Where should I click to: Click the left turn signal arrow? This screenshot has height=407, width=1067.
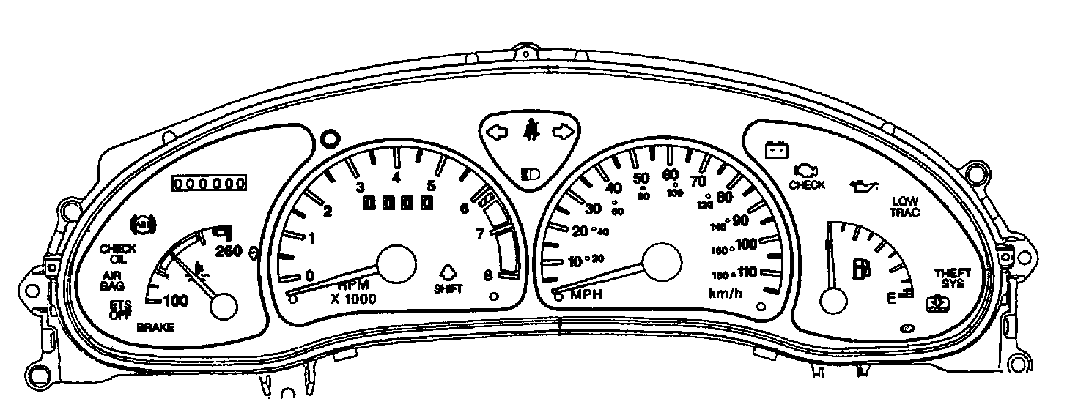coord(497,132)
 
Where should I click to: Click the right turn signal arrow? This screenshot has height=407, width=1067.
coord(562,132)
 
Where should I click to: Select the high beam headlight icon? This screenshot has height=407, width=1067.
coord(529,173)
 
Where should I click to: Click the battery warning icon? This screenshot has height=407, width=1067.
coord(776,150)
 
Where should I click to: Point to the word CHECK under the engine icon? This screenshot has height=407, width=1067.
coord(806,185)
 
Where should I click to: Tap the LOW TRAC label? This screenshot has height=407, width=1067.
coord(905,207)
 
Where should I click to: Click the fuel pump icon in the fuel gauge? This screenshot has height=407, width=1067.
coord(858,269)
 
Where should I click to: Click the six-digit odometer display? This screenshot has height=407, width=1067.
coord(208,183)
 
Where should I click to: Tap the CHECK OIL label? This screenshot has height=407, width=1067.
coord(118,253)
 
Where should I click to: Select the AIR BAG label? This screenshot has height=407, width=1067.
coord(113,280)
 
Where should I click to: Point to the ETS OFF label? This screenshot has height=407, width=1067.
coord(120,309)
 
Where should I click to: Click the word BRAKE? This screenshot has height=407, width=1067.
coord(155,328)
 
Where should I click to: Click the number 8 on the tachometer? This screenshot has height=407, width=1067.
coord(487,276)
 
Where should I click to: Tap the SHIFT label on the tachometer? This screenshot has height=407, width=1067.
coord(448,288)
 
